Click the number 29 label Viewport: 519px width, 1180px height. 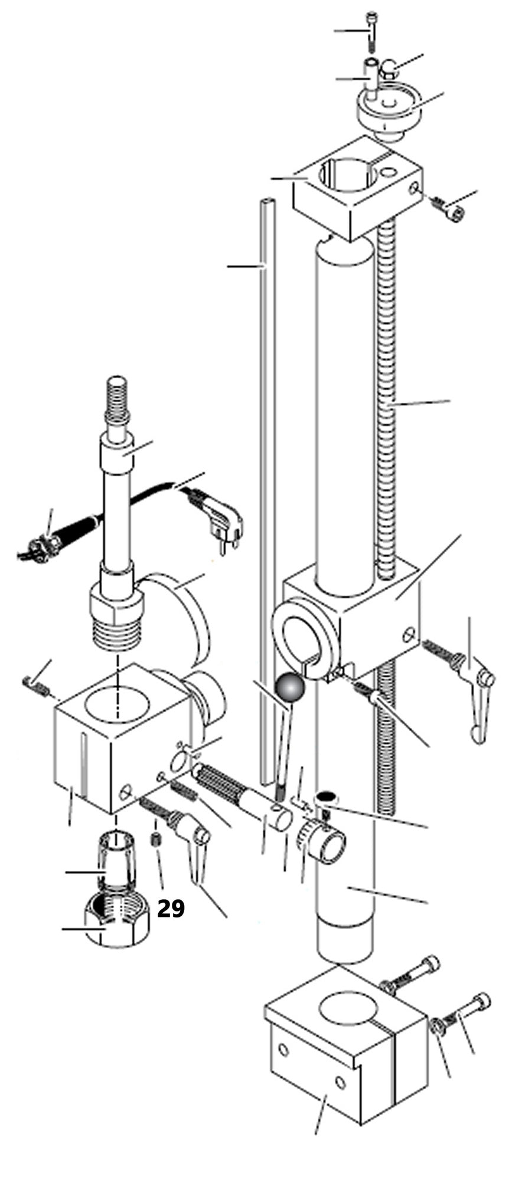click(171, 908)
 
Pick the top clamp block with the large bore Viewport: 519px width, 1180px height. click(357, 187)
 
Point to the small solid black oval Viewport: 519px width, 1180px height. click(327, 797)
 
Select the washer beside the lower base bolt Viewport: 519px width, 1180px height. click(438, 1025)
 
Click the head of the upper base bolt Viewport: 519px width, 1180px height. click(428, 965)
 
